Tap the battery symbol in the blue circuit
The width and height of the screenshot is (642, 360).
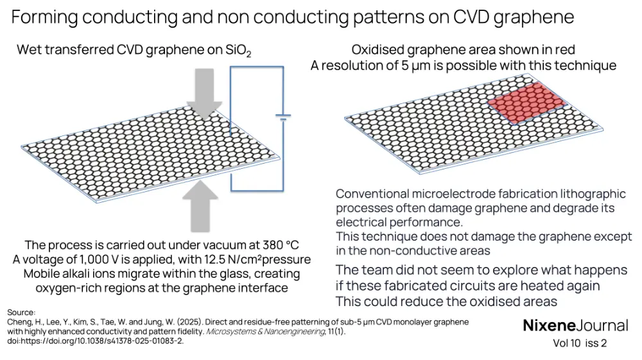coord(282,118)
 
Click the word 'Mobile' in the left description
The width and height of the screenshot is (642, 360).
coord(44,274)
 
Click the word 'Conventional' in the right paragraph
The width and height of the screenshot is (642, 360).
coord(378,194)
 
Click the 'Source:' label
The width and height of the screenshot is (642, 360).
coord(22,312)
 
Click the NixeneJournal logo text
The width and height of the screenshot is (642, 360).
coord(575,325)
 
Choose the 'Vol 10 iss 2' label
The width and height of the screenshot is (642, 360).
coord(580,343)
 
